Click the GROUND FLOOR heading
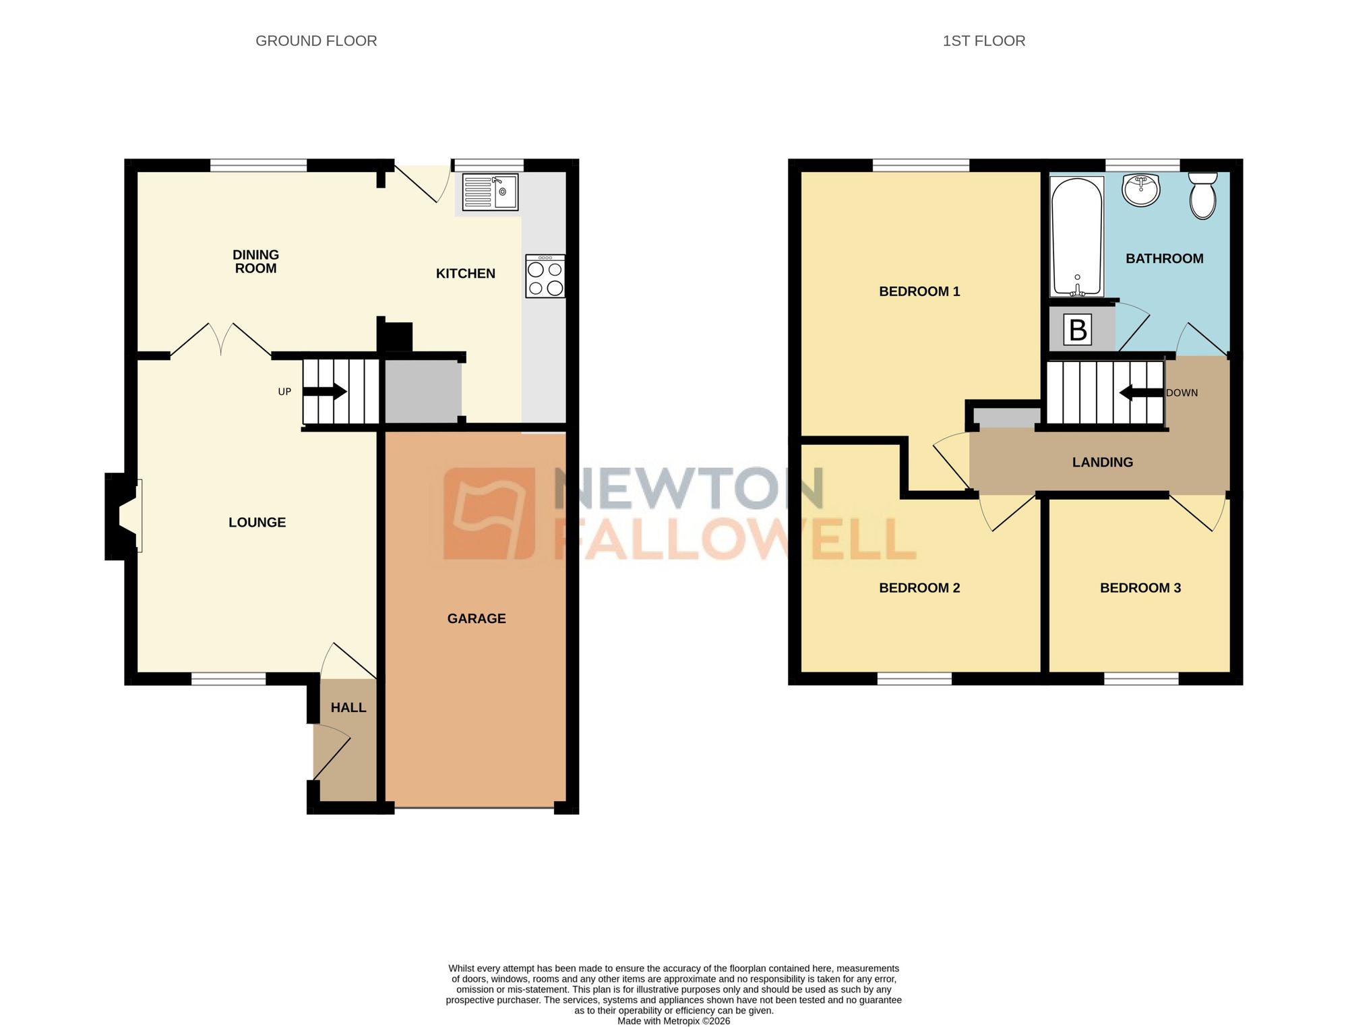(316, 41)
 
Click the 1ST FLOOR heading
(983, 41)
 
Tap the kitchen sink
(490, 192)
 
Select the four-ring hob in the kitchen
(545, 276)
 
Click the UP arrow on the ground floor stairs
(325, 392)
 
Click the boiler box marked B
(1078, 330)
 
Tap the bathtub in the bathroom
(1077, 236)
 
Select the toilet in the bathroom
(1203, 195)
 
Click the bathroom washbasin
(1141, 189)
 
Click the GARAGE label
(477, 618)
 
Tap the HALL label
(348, 707)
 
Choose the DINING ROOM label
(255, 262)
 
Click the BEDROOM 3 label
(1140, 588)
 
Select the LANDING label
(1103, 463)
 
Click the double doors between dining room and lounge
(221, 341)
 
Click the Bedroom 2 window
(915, 678)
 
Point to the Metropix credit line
(673, 1021)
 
